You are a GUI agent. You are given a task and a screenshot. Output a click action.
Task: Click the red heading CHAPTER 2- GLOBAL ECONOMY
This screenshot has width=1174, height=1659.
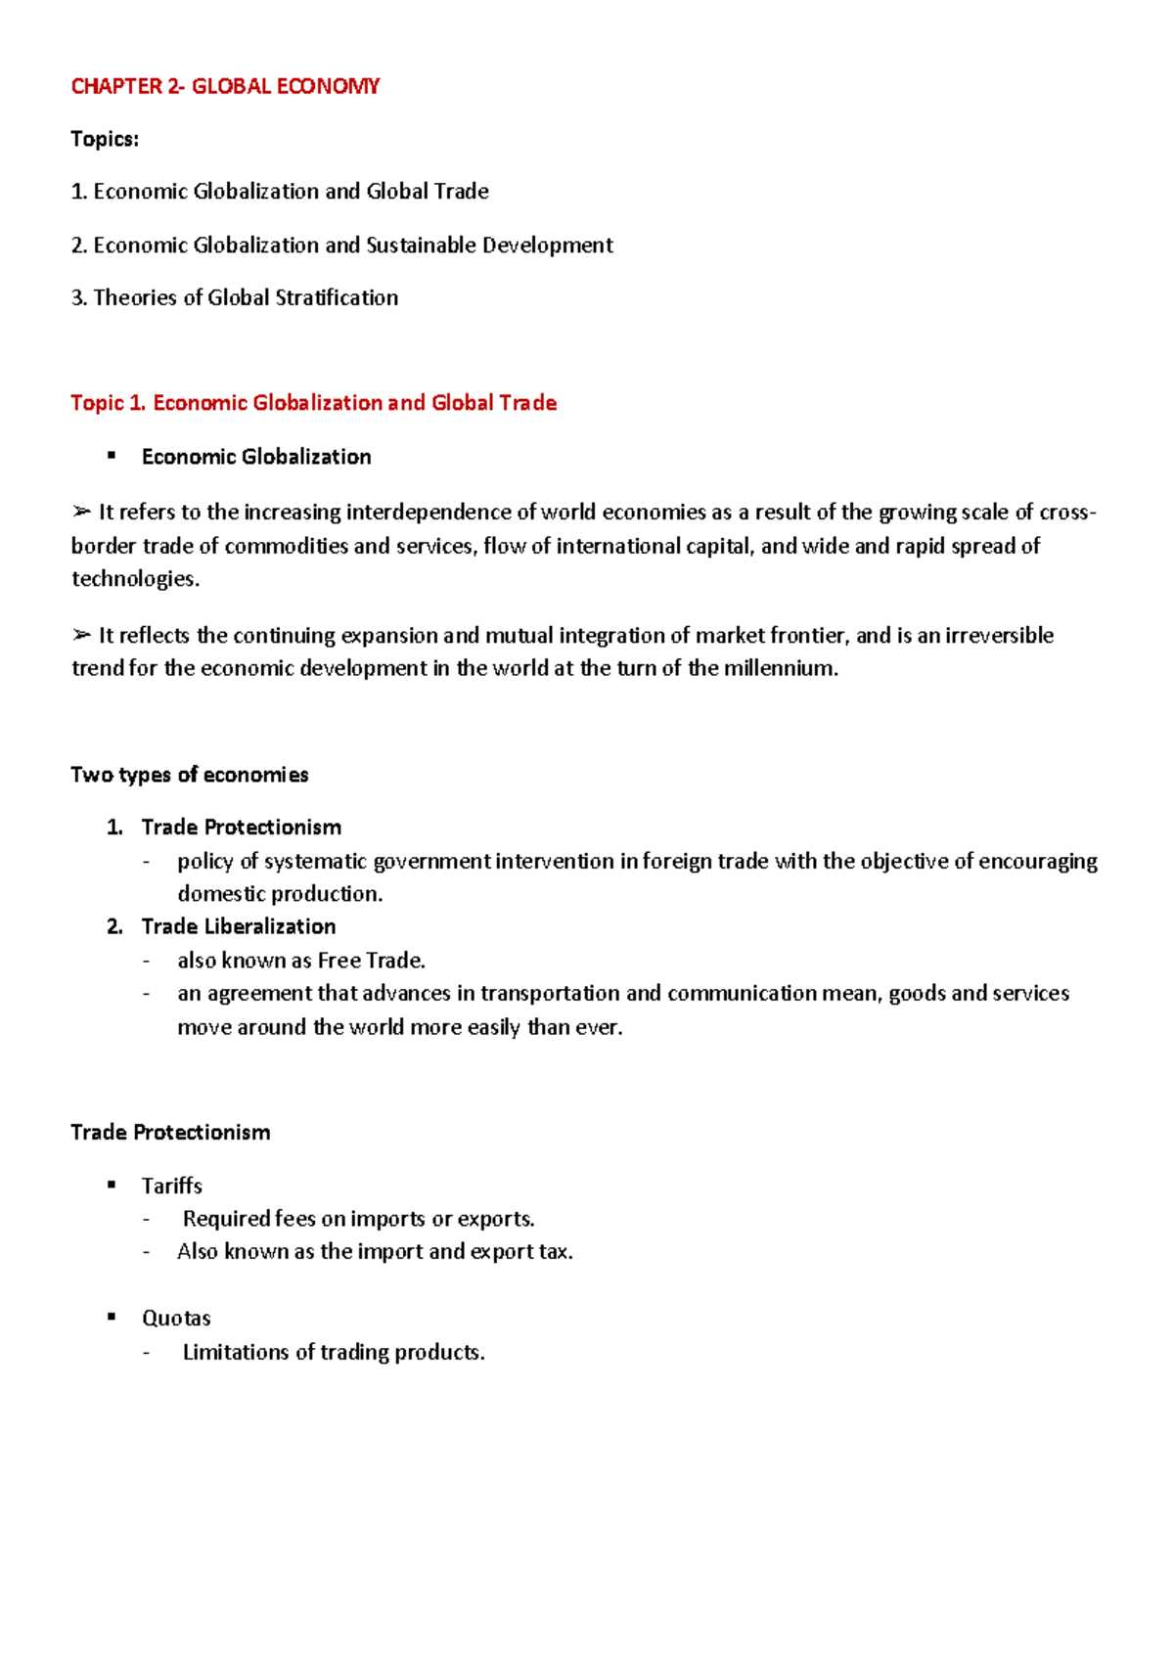click(225, 86)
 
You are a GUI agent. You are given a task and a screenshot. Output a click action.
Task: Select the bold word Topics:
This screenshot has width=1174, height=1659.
click(105, 139)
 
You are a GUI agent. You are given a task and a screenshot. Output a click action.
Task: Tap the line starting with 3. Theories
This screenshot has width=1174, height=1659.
click(235, 297)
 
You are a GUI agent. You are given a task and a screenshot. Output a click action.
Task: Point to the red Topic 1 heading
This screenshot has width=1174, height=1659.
click(313, 403)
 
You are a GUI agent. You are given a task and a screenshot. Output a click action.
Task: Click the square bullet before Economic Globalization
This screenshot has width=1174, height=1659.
click(112, 456)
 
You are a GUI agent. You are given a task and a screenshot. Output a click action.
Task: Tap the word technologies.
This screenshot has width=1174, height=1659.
click(135, 578)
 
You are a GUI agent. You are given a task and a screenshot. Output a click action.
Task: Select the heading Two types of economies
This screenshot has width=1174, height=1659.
click(190, 775)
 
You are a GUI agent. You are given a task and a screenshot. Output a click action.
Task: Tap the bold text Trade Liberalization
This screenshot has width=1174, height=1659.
click(239, 926)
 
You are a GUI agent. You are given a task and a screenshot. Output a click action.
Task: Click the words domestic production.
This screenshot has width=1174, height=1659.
click(280, 894)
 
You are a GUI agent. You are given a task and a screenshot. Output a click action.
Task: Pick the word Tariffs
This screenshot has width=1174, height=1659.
click(172, 1186)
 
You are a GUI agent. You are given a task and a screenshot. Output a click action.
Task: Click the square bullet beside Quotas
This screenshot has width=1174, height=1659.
click(112, 1318)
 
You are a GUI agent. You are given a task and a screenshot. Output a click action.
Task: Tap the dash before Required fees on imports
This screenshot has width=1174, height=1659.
click(147, 1219)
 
